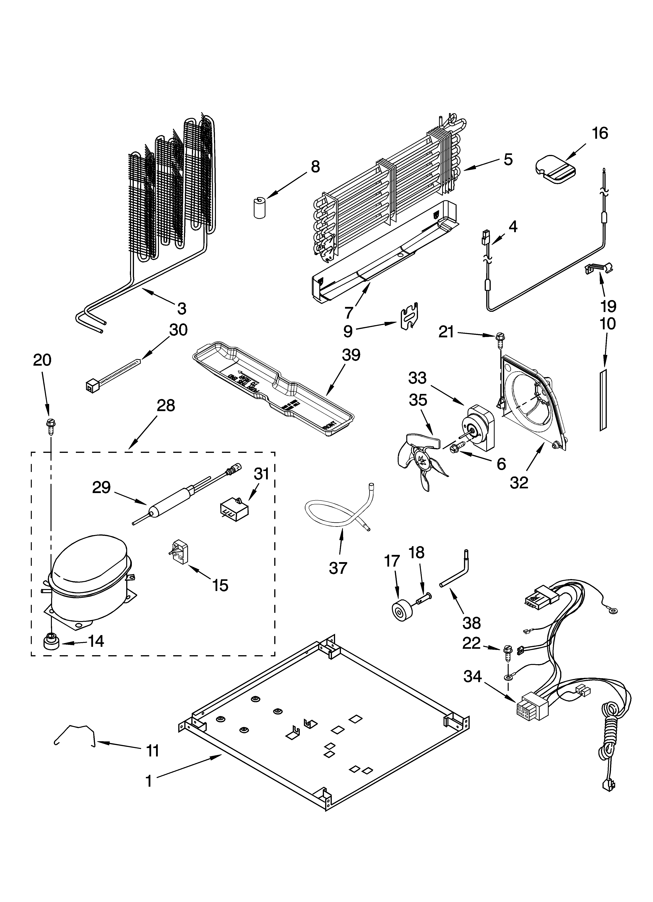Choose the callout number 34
point(472,676)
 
